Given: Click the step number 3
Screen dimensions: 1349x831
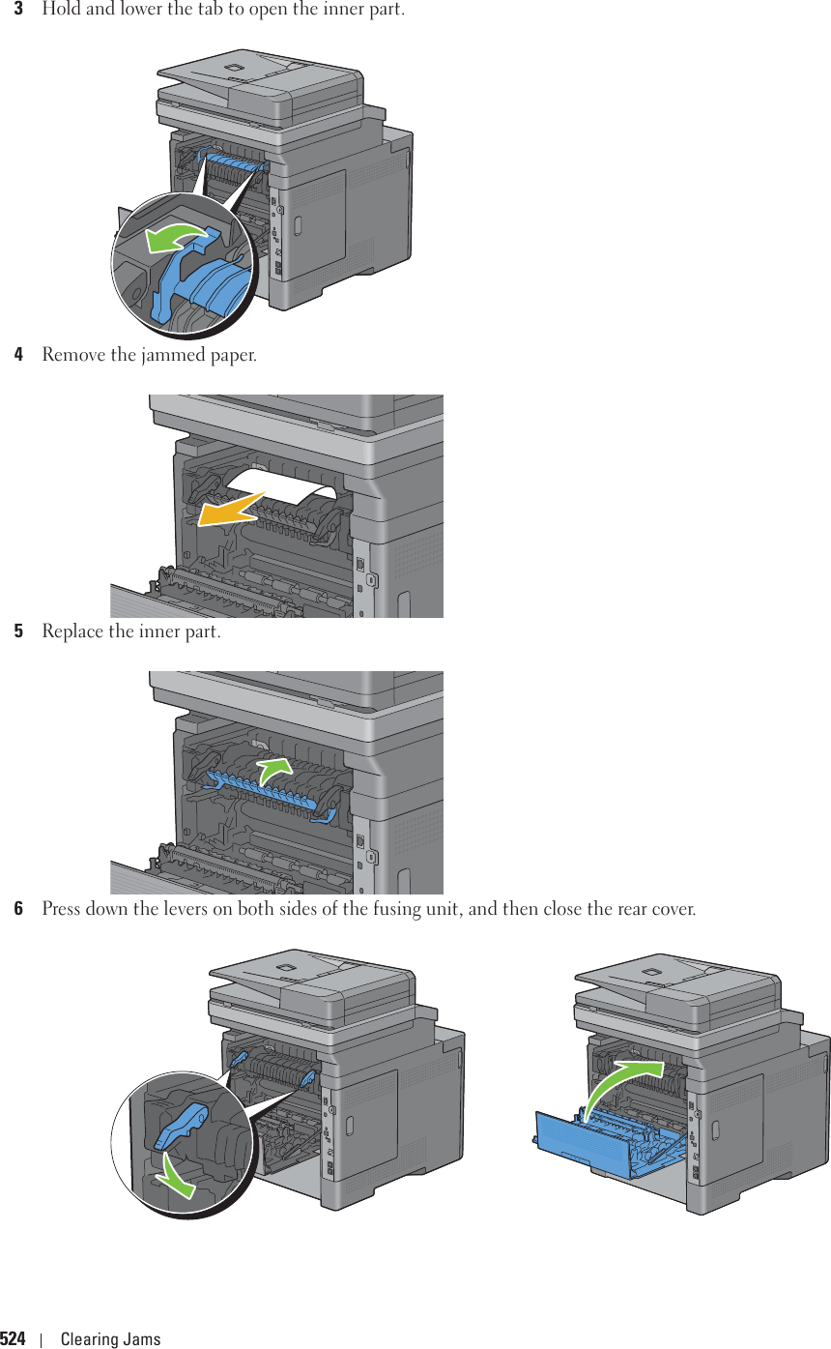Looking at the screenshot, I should point(18,11).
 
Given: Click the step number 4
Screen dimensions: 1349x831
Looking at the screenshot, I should point(18,355).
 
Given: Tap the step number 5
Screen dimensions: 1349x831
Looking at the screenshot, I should point(18,632).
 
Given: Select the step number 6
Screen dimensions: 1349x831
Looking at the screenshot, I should point(18,910).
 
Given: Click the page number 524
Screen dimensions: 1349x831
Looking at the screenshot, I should point(14,1339).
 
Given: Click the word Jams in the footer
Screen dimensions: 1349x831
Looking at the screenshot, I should point(142,1339).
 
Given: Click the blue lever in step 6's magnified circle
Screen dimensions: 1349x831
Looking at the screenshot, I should point(184,1121).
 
